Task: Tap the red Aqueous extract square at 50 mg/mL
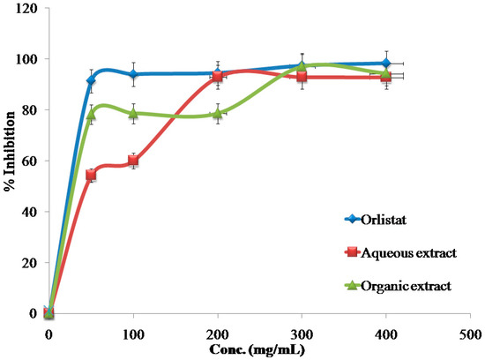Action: [x=91, y=176]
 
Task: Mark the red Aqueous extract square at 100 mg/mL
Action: [x=133, y=161]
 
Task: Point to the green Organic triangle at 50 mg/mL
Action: [x=91, y=115]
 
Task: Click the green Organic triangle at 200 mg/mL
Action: [x=217, y=114]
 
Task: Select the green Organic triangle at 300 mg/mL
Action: [x=302, y=65]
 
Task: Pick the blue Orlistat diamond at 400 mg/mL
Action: [x=385, y=64]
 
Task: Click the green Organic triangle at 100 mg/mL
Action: [x=133, y=114]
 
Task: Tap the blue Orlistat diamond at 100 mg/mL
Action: [x=133, y=74]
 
